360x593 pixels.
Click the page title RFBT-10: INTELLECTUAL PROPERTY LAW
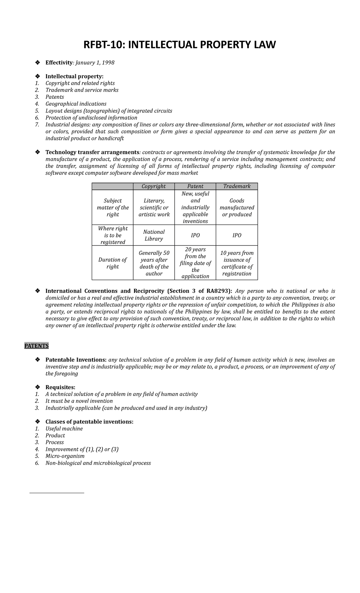[179, 45]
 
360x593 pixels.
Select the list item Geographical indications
[76, 104]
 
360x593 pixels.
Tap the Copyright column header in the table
[154, 186]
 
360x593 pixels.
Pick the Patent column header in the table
[195, 186]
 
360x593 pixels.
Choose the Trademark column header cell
[237, 186]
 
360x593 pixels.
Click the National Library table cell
[154, 235]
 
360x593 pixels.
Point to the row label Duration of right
[112, 263]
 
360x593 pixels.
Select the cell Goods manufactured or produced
[237, 207]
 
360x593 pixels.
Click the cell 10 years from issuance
[237, 263]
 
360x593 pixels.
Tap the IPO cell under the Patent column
[195, 235]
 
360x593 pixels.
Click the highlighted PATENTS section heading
[36, 346]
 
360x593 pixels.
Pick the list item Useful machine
[64, 429]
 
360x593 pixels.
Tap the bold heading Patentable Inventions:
[76, 360]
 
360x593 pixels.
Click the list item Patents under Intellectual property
[55, 97]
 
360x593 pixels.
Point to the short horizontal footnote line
[57, 493]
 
